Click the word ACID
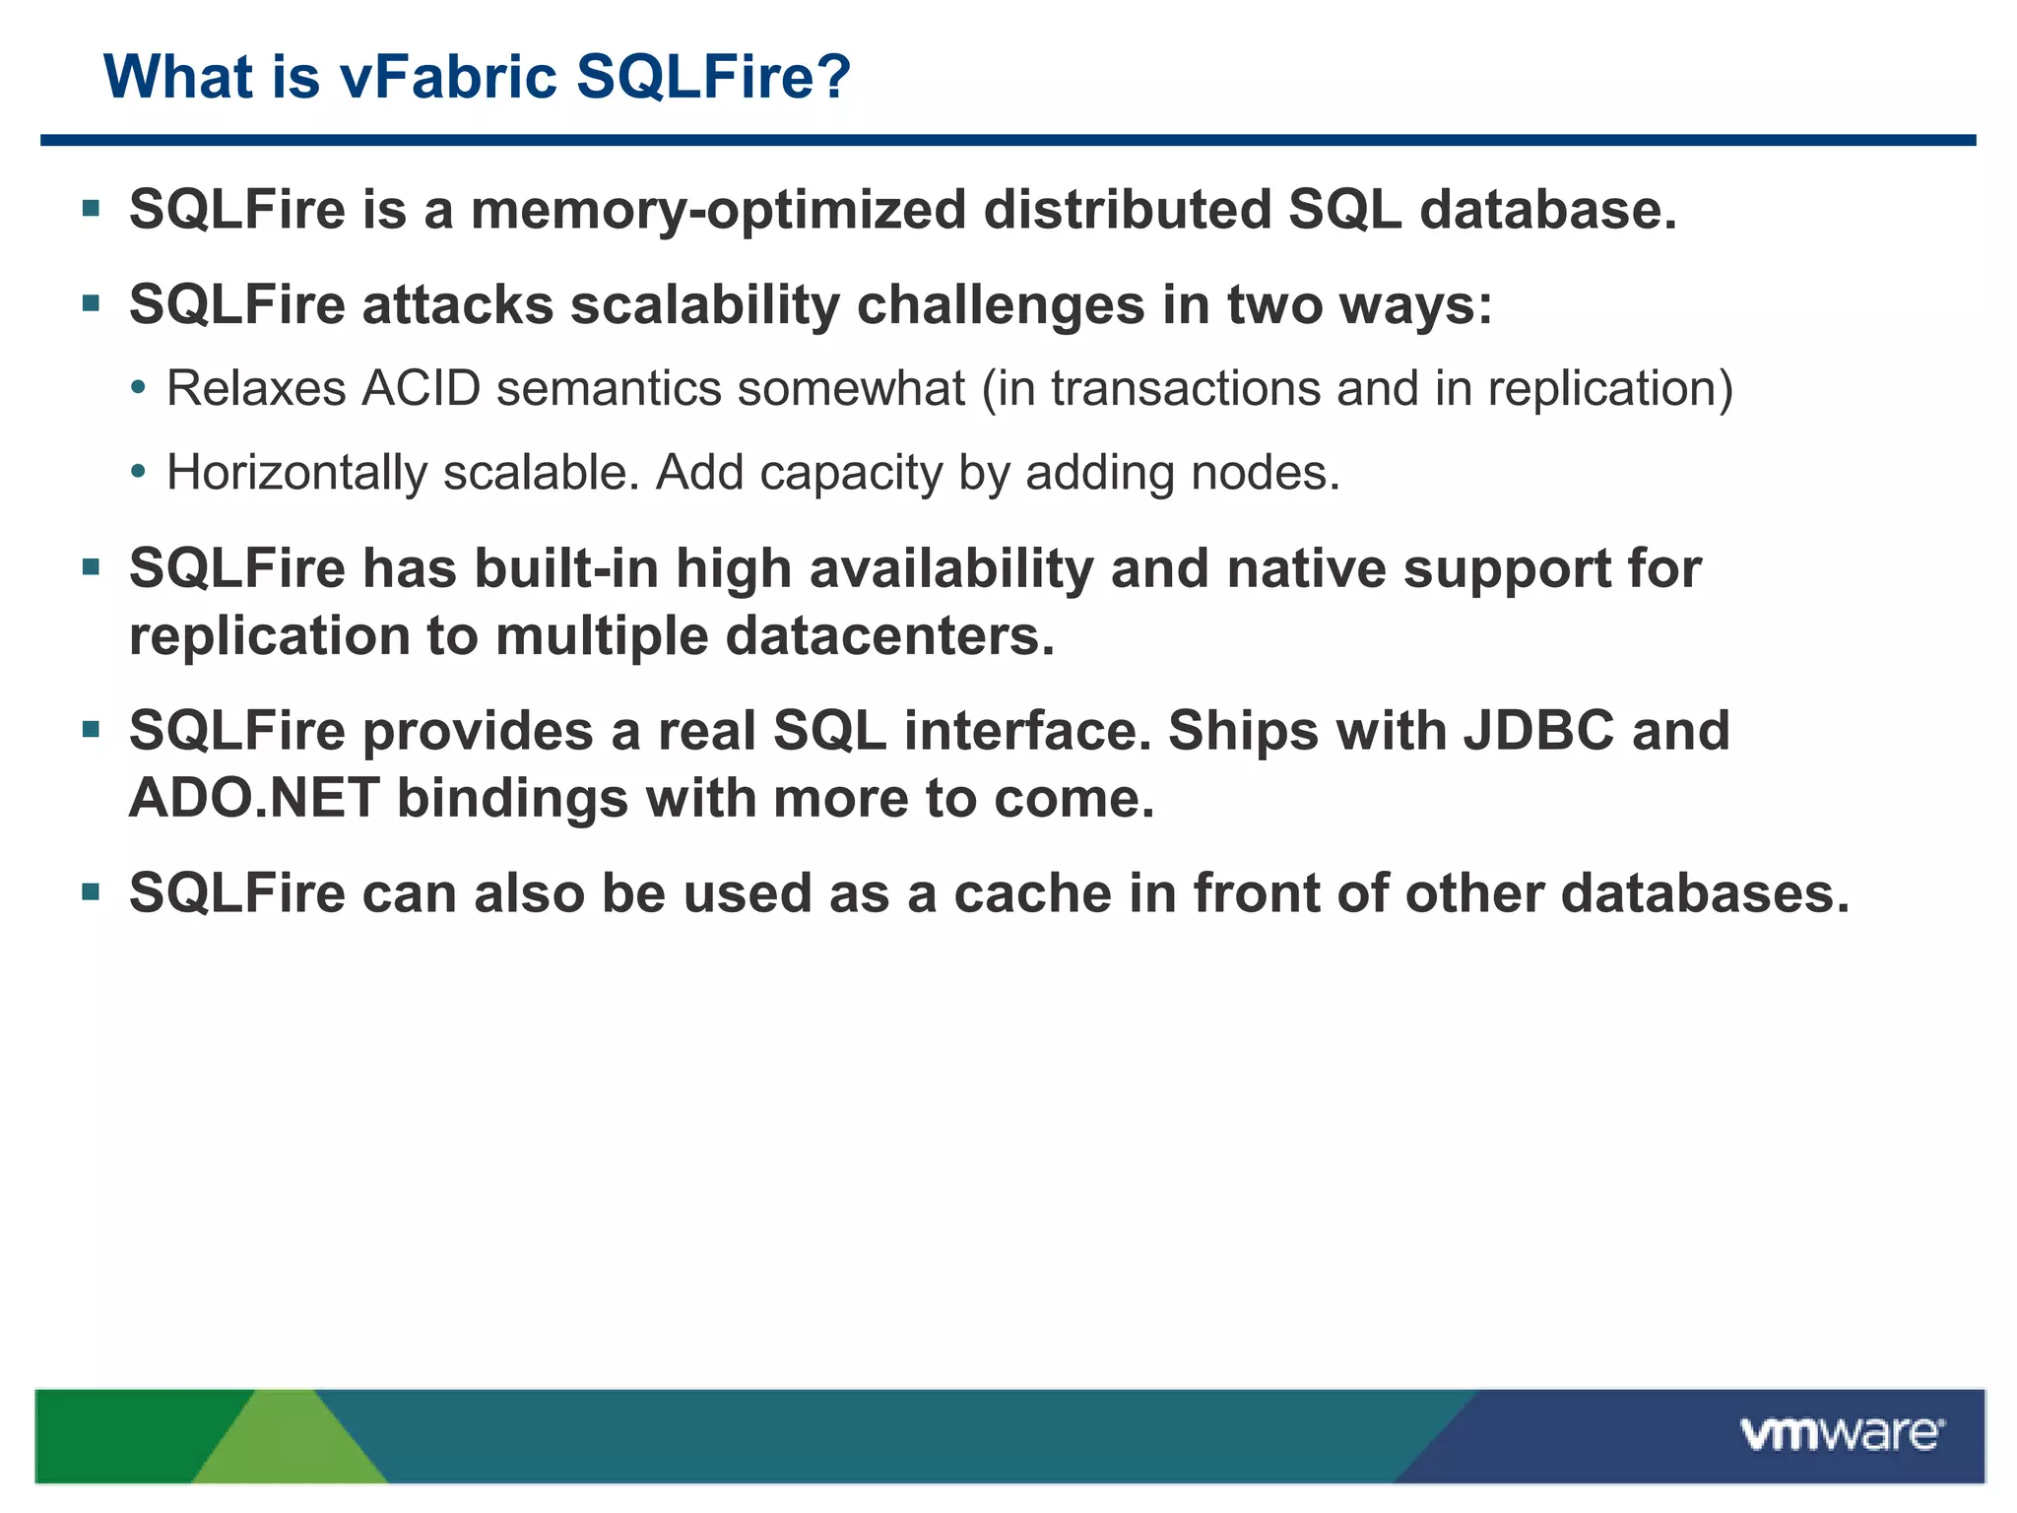(421, 388)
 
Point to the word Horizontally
(296, 473)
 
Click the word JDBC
(1538, 731)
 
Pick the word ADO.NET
(254, 798)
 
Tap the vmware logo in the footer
(1841, 1434)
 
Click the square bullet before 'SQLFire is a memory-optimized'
(92, 209)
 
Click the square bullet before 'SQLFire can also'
(92, 892)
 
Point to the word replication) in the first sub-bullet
(1609, 388)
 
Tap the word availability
(950, 569)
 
